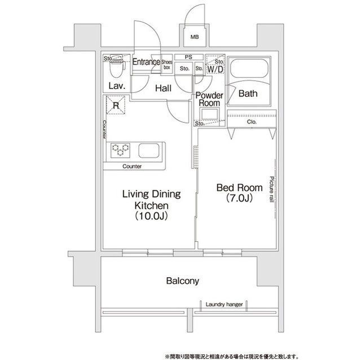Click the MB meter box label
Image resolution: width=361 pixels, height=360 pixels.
(195, 37)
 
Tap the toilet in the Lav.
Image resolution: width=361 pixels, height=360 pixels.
(117, 66)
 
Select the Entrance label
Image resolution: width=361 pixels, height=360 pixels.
(146, 62)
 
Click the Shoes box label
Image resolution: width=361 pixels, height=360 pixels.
(167, 65)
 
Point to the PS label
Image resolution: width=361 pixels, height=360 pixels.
(188, 57)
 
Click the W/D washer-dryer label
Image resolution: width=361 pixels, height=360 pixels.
(215, 69)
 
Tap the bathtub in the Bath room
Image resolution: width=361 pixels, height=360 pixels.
(249, 69)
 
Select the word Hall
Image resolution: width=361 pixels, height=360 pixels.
(163, 88)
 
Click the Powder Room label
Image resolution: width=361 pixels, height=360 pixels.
(209, 99)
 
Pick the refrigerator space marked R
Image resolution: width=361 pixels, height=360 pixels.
(116, 105)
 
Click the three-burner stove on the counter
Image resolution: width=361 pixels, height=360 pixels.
(120, 150)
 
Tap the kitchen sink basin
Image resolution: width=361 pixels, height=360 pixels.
(149, 150)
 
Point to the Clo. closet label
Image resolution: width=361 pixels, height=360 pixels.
(252, 122)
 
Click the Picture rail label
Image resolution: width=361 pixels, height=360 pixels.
(272, 189)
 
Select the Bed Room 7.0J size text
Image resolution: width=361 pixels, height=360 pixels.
(239, 198)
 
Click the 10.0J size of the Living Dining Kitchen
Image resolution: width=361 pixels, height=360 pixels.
(151, 216)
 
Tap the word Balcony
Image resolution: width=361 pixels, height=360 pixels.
(183, 281)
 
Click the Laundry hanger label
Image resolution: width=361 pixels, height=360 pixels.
(224, 304)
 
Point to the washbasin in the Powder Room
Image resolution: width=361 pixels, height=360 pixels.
(209, 114)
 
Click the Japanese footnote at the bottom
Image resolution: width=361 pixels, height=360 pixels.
(231, 356)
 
